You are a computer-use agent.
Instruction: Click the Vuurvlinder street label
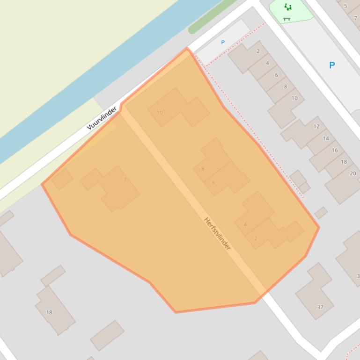click(x=102, y=118)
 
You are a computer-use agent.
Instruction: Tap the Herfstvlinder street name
click(x=217, y=233)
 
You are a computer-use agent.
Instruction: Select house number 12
click(x=316, y=126)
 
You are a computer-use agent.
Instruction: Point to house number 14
click(x=326, y=138)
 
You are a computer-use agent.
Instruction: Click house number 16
click(x=335, y=150)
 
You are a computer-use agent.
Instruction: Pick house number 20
click(x=353, y=173)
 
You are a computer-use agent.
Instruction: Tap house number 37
click(x=320, y=307)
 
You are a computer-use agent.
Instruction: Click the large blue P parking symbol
click(x=332, y=65)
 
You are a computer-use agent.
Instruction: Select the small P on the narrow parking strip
click(x=223, y=43)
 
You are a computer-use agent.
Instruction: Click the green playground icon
click(x=288, y=7)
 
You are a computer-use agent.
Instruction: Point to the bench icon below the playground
click(x=287, y=19)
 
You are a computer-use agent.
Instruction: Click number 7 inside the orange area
click(x=125, y=180)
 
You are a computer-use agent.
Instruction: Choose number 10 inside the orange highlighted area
click(x=160, y=113)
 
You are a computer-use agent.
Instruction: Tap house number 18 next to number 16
click(x=344, y=162)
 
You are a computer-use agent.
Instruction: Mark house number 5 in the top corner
click(x=346, y=6)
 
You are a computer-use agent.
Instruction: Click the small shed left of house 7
click(x=62, y=179)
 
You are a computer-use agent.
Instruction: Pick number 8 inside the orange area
click(x=203, y=169)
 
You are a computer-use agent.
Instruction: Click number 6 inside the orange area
click(x=213, y=182)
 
